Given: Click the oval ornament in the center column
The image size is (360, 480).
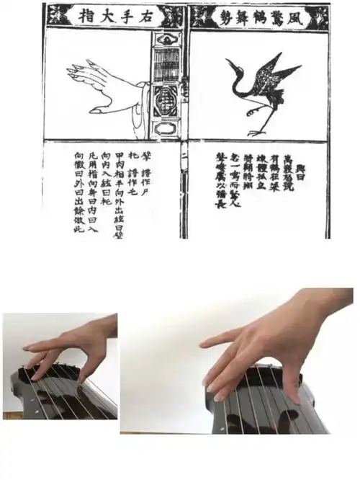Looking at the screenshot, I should click(x=166, y=129).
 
